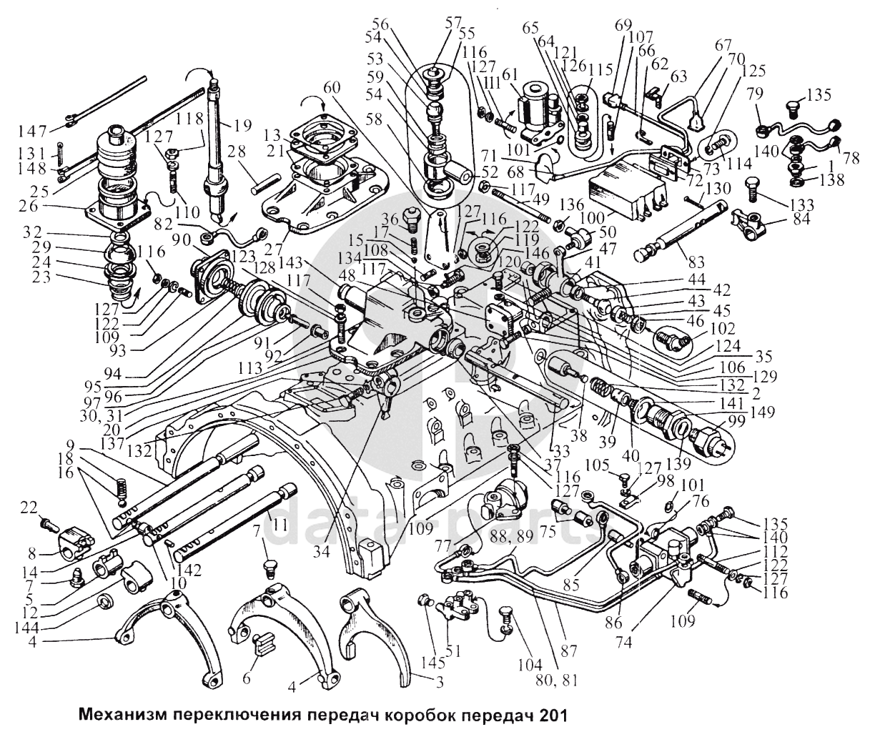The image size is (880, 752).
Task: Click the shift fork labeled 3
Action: click(372, 629)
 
